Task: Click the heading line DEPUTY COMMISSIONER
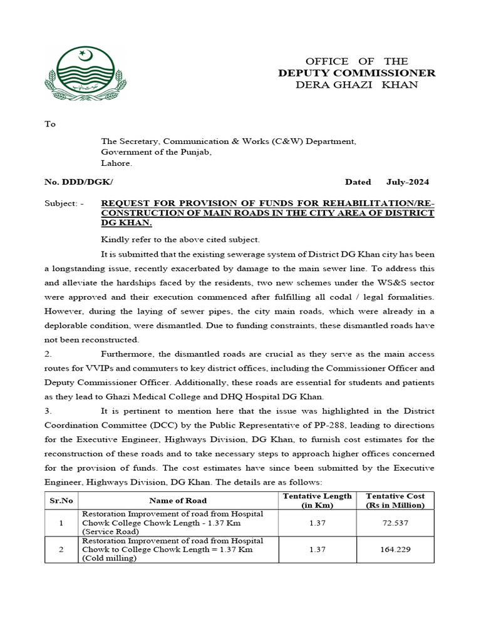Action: click(356, 73)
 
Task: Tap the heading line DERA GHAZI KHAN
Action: click(356, 85)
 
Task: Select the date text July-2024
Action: click(408, 182)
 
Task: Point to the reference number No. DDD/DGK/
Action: click(79, 182)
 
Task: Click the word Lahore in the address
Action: click(116, 164)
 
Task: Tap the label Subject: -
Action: click(65, 203)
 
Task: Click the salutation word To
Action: click(50, 124)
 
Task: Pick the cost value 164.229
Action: click(395, 550)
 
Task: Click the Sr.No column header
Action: click(61, 501)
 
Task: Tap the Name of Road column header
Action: click(178, 501)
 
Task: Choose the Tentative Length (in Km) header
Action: click(317, 501)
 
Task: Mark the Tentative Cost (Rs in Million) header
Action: click(395, 501)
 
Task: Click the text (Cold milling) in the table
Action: click(107, 558)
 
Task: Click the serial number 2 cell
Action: click(61, 550)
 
